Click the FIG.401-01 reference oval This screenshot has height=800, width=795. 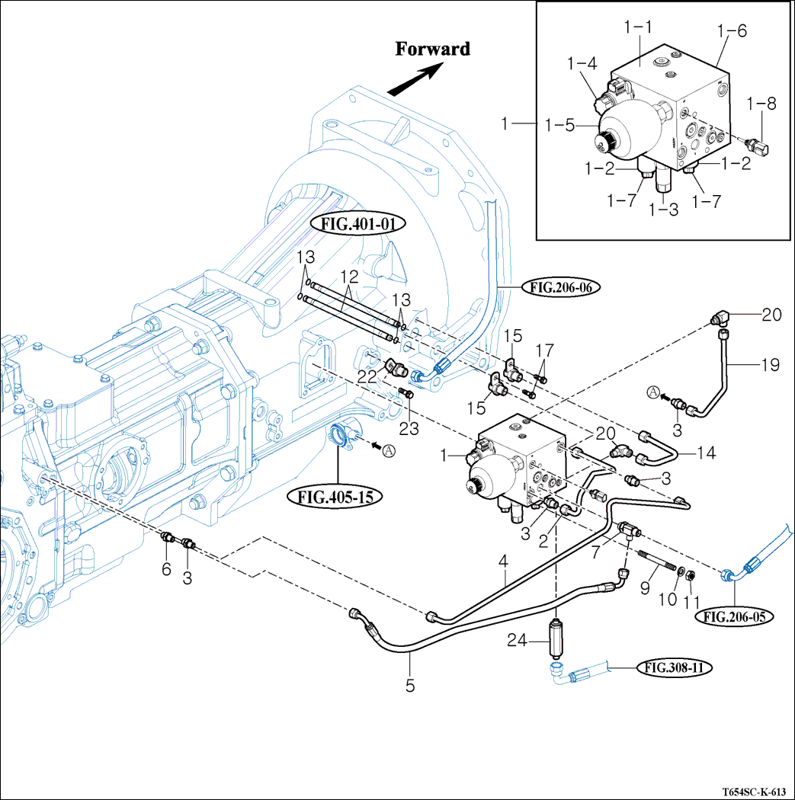(357, 224)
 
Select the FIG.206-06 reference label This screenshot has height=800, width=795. (562, 287)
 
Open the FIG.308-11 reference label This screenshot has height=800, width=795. (674, 668)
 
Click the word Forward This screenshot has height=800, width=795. (432, 50)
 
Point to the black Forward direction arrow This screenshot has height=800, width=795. (416, 80)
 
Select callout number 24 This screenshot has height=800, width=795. (519, 642)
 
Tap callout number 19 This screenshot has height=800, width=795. (769, 366)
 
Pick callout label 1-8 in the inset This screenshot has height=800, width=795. (761, 102)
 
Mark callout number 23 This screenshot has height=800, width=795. (409, 429)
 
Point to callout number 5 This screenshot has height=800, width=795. (410, 685)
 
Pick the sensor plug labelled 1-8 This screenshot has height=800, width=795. (760, 147)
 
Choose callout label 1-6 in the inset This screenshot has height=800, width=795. (732, 31)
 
